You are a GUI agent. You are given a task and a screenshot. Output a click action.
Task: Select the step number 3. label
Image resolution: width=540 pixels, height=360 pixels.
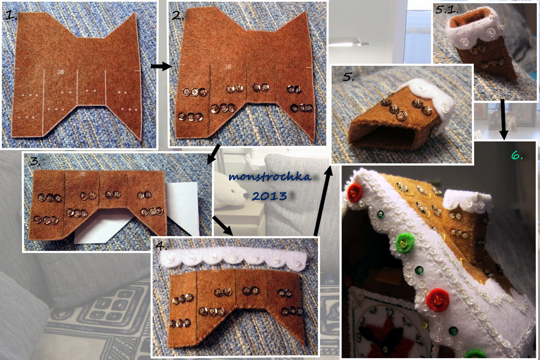(35, 161)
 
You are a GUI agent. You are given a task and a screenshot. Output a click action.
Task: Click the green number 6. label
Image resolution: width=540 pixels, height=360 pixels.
(517, 156)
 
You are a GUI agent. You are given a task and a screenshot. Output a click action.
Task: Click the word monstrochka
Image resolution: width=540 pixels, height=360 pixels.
(270, 177)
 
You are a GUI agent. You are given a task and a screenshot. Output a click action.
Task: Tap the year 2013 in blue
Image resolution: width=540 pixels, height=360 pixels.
(269, 196)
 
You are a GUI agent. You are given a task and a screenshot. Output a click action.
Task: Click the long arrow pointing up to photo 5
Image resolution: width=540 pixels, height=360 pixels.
(323, 201)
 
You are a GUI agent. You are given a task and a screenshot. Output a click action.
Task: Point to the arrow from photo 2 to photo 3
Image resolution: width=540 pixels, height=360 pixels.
(214, 154)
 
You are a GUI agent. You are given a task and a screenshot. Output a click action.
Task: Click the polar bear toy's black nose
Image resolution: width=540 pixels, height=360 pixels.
(246, 196)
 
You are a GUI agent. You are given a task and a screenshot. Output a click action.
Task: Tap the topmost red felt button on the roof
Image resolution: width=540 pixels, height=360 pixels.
(355, 192)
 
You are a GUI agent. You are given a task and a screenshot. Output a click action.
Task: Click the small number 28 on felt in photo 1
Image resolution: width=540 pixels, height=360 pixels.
(61, 72)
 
